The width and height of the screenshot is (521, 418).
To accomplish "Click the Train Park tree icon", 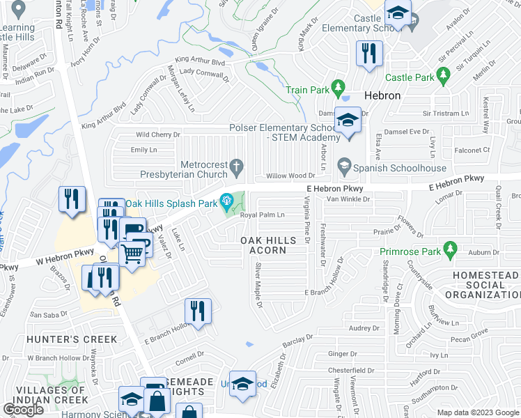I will click(x=339, y=88).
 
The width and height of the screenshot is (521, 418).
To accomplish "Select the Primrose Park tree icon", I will click(x=450, y=249).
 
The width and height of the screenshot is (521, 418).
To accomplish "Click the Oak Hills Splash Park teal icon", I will click(x=226, y=202).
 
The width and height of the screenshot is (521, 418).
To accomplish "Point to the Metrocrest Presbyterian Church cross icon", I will click(x=237, y=166).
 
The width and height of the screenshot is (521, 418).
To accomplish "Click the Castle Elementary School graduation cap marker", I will click(x=398, y=13).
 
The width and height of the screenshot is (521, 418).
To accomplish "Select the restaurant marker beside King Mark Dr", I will click(x=368, y=53).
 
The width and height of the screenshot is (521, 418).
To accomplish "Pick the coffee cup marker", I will click(x=132, y=229).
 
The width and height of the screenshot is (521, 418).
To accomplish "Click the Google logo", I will click(x=24, y=410).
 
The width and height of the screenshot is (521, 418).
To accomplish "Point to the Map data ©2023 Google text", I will click(x=477, y=412).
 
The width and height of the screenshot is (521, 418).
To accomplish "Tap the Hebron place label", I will click(x=383, y=95).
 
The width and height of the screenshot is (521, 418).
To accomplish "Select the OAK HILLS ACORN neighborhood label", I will click(x=268, y=245).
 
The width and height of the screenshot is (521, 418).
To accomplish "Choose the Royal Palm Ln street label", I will click(x=263, y=215).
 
